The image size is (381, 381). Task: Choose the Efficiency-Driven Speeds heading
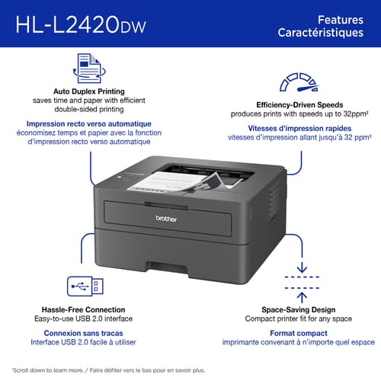[x=299, y=104]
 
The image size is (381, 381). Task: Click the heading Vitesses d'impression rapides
[x=299, y=128]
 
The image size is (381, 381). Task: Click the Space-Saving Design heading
[x=299, y=311]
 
